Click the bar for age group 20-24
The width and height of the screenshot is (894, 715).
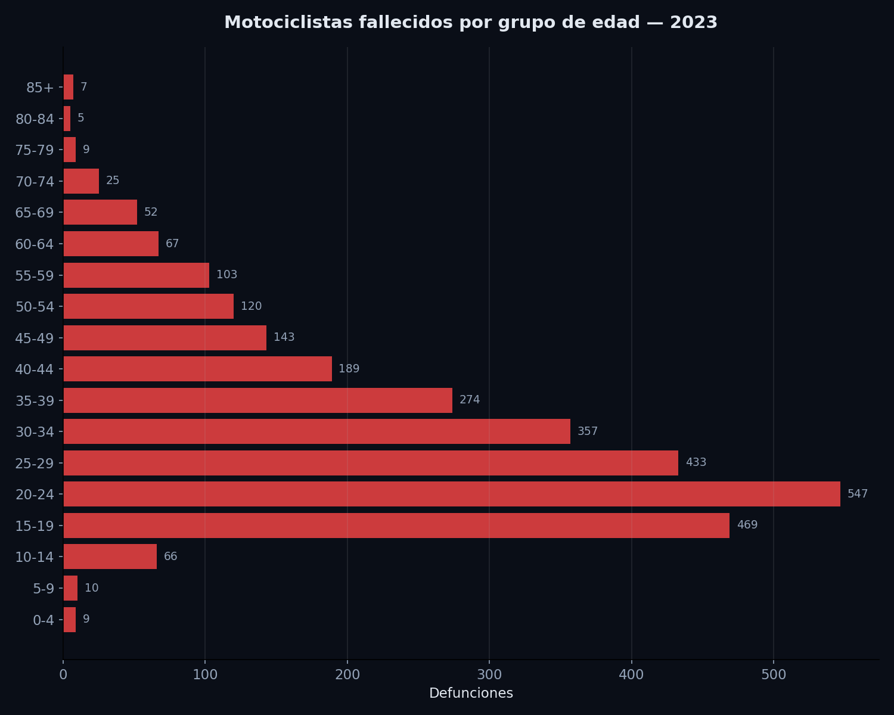tap(452, 494)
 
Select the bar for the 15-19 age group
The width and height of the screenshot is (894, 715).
tap(396, 526)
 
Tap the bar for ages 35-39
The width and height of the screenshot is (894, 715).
tap(257, 400)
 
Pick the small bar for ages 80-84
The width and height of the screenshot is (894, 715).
tap(67, 119)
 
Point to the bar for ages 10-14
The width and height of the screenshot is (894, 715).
tap(110, 557)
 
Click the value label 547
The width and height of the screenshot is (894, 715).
tap(858, 494)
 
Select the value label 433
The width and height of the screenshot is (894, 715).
tap(696, 462)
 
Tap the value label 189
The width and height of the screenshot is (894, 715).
tap(349, 369)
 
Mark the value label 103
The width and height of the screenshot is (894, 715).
tap(226, 275)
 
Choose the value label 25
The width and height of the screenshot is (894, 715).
tap(113, 181)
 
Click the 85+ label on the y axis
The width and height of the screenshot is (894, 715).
tap(40, 88)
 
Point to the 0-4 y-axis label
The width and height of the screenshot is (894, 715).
tap(44, 620)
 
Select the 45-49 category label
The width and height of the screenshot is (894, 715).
tap(35, 338)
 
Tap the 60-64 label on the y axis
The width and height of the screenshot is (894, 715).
tap(35, 244)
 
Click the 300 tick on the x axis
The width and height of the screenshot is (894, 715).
tap(489, 674)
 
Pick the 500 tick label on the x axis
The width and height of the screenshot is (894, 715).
tap(774, 674)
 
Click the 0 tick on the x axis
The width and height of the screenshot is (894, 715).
tap(63, 674)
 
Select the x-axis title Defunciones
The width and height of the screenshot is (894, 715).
tap(471, 694)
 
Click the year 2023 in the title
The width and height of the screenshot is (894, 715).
tap(693, 23)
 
